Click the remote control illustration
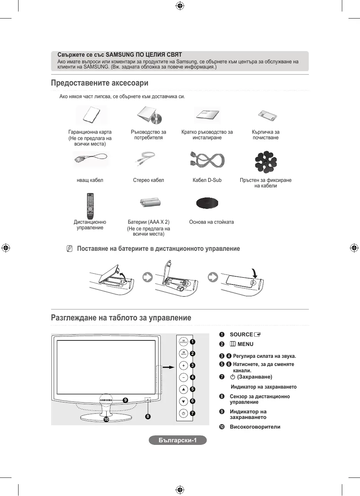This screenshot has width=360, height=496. click(x=90, y=206)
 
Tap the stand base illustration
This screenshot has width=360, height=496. click(x=207, y=203)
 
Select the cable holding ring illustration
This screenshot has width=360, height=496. click(x=266, y=162)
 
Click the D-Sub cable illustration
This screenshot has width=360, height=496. click(x=207, y=160)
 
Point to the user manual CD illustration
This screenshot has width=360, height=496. click(x=150, y=115)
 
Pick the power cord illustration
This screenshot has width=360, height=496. click(x=90, y=159)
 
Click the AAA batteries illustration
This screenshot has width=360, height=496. click(x=150, y=202)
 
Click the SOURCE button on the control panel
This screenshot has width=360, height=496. click(x=183, y=342)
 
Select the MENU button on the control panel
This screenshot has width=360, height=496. click(x=183, y=353)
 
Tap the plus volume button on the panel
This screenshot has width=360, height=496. click(x=183, y=366)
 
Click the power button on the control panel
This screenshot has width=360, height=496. click(x=183, y=413)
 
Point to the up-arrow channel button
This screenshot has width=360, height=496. click(x=183, y=389)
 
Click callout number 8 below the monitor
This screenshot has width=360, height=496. click(x=148, y=416)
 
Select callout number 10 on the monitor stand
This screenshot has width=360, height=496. click(x=106, y=419)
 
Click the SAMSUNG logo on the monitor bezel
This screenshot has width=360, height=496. click(x=106, y=400)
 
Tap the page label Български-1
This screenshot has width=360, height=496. click(x=178, y=440)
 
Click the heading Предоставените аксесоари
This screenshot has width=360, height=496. click(x=100, y=83)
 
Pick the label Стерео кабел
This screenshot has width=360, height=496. click(x=149, y=180)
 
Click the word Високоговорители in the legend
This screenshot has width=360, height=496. click(x=255, y=427)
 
